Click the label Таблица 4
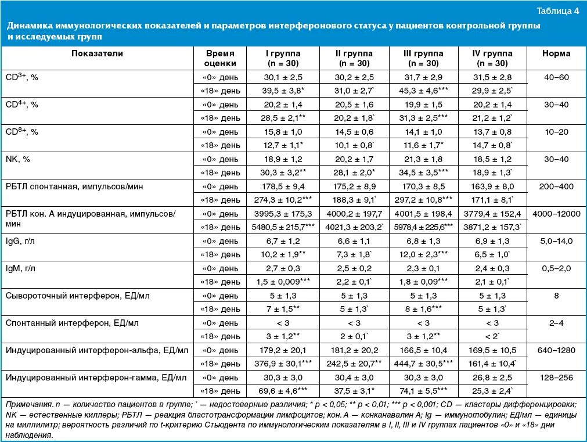(x=557, y=11)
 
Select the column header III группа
(x=423, y=58)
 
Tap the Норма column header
(x=556, y=53)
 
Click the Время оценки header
(x=221, y=58)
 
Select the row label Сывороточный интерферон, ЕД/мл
(x=77, y=296)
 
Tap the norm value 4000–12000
(x=556, y=213)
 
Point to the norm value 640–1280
(x=556, y=350)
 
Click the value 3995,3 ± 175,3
(x=283, y=213)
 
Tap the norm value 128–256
(x=556, y=378)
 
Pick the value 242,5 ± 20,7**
(x=354, y=364)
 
